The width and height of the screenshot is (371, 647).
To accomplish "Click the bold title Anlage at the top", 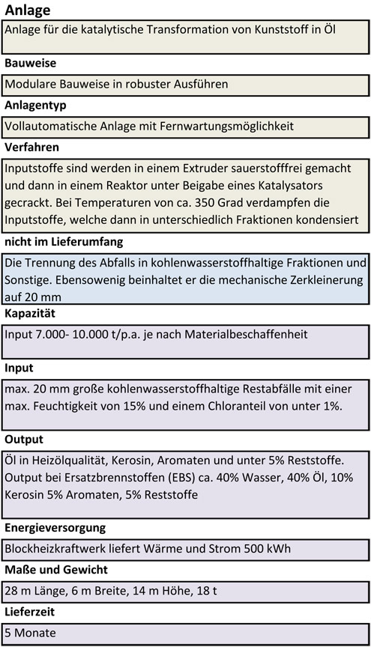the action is [x=27, y=10].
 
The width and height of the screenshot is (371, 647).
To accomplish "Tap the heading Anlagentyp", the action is [x=35, y=106].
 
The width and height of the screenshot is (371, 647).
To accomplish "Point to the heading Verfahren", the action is [x=31, y=147].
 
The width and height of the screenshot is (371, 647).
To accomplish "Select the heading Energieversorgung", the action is [x=55, y=528].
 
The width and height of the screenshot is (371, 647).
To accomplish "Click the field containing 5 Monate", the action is [x=185, y=634].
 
